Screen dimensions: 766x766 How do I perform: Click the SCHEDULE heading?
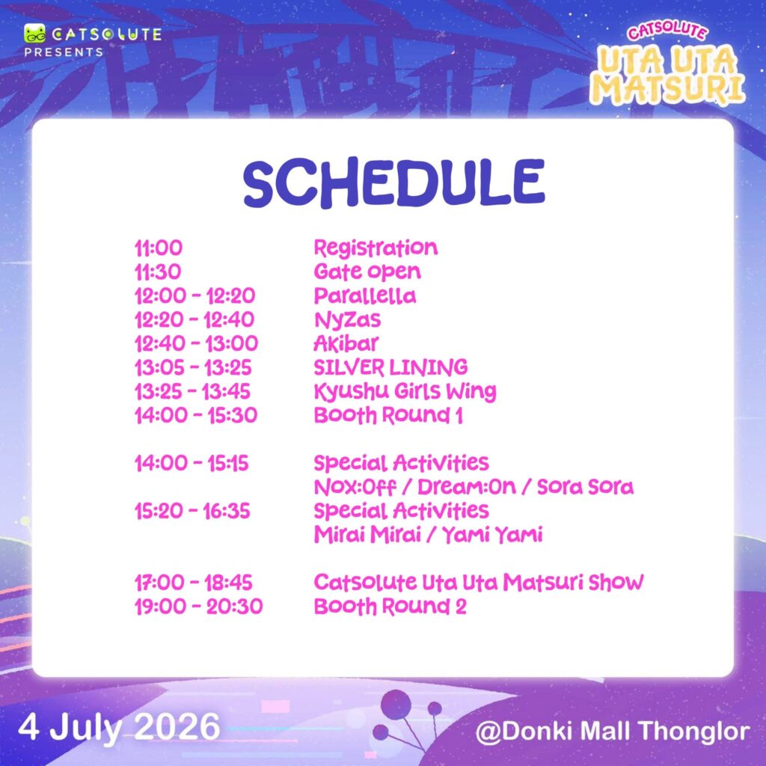(393, 183)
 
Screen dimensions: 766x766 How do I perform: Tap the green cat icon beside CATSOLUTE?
(34, 33)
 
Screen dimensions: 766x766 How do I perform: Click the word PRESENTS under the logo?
(64, 52)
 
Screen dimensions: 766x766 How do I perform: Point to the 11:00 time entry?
(159, 248)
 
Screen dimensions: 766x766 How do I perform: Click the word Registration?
(376, 248)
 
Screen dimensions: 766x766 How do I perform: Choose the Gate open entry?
(367, 272)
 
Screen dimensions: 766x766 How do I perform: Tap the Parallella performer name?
(365, 295)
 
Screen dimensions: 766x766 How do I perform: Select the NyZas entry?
(347, 320)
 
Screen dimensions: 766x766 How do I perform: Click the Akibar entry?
(346, 343)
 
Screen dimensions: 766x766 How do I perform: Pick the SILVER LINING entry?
(390, 367)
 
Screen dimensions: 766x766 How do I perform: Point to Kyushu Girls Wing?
(405, 392)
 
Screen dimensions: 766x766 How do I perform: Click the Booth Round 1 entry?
(388, 415)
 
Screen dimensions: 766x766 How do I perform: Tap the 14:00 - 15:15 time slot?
(191, 463)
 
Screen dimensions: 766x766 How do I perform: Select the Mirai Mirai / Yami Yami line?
(428, 535)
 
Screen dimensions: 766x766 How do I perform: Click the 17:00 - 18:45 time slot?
(194, 583)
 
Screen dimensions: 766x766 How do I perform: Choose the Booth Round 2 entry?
(390, 607)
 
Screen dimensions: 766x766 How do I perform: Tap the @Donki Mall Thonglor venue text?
(613, 732)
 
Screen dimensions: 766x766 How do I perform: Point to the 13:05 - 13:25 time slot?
(193, 367)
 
